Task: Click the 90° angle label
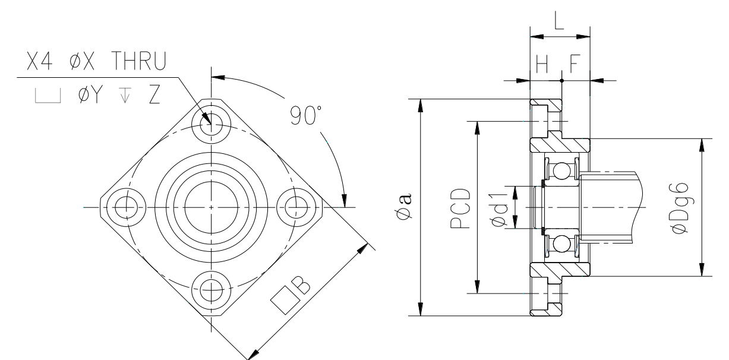[x=306, y=115]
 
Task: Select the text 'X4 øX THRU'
[x=97, y=61]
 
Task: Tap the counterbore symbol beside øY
[x=48, y=96]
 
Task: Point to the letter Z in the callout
[x=154, y=94]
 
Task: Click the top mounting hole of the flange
[x=212, y=124]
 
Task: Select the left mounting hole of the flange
[x=127, y=207]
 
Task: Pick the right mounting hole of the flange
[x=296, y=207]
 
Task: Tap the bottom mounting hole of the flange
[x=212, y=290]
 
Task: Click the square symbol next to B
[x=285, y=300]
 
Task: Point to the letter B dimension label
[x=301, y=285]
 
